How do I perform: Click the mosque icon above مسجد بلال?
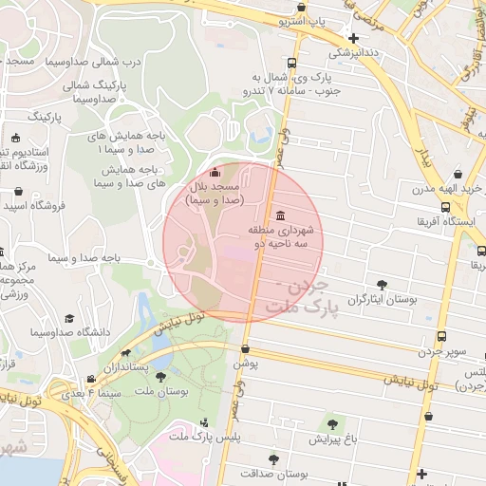click(214, 173)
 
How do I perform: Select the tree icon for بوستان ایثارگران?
click(382, 284)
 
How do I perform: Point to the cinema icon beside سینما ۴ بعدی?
click(90, 379)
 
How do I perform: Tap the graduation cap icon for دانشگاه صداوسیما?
click(68, 319)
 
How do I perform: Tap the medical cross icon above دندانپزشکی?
click(354, 39)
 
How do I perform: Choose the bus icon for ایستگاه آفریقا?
click(445, 208)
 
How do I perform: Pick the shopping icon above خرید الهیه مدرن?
click(459, 175)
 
